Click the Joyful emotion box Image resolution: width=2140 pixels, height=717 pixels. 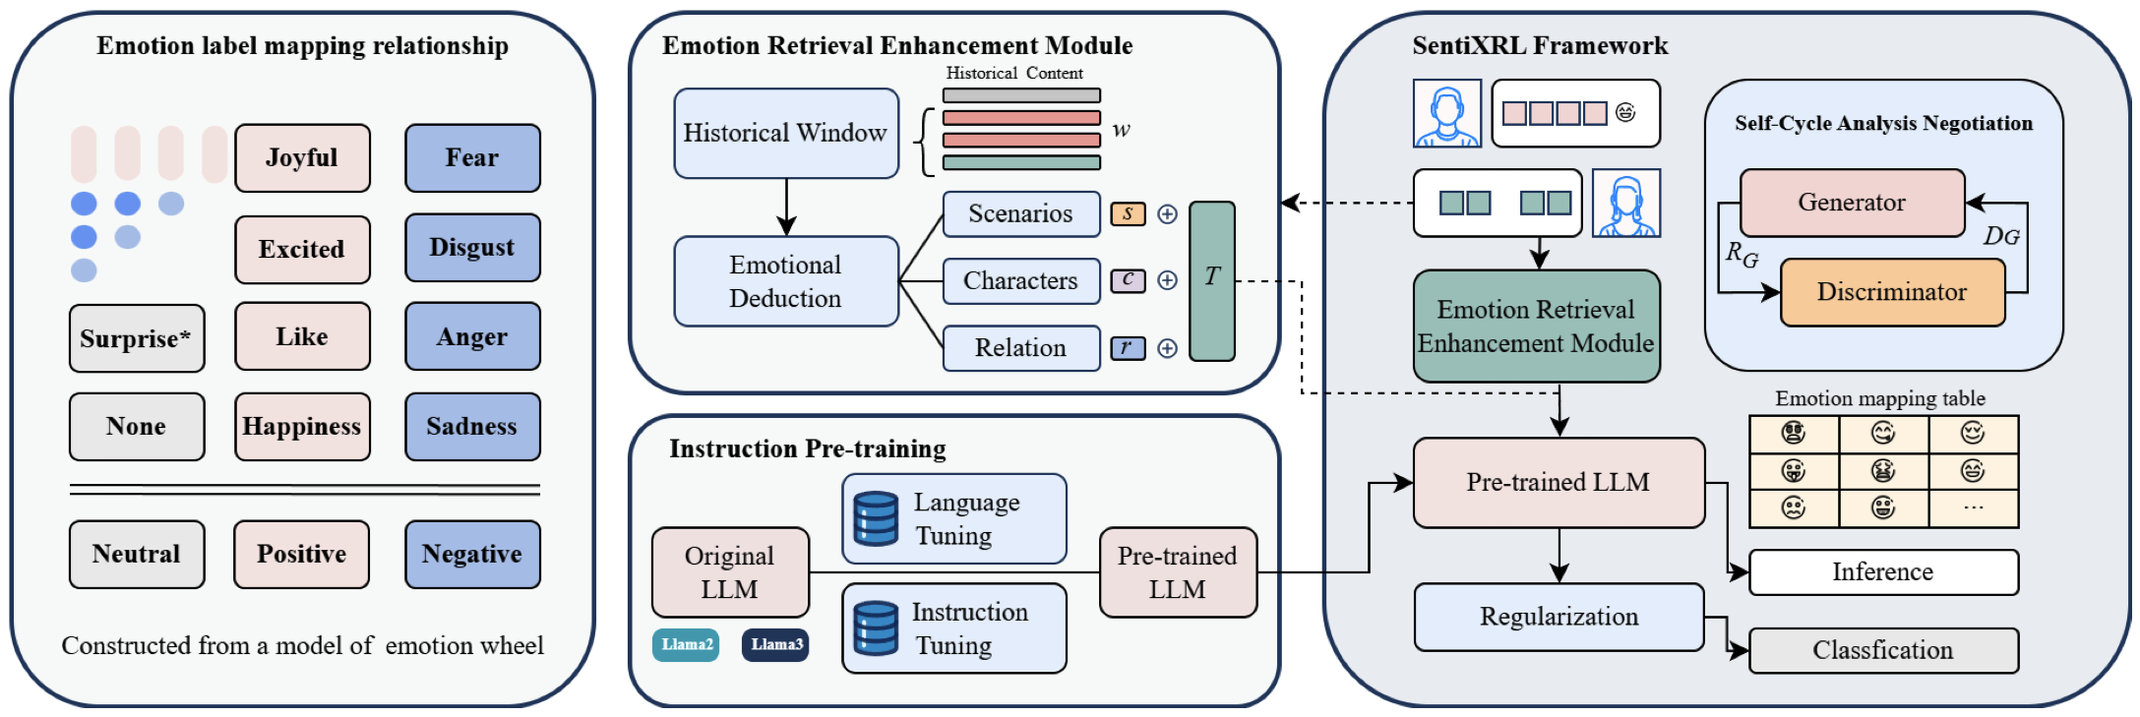point(302,158)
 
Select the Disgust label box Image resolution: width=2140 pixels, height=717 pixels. point(472,248)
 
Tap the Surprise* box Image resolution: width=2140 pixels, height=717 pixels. point(137,338)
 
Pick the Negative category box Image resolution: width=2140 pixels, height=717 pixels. point(472,555)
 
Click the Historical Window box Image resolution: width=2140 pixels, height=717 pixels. point(785,134)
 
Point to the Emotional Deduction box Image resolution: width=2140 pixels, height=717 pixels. point(785,281)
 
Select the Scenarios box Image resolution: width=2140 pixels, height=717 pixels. point(1020,214)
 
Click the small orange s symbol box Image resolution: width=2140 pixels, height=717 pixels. point(1128,214)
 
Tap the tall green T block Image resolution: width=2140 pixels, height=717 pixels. point(1211,281)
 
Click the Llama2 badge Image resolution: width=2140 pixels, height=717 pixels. point(686,645)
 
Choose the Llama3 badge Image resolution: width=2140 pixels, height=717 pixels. point(775,645)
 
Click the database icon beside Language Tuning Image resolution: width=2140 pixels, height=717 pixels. point(876,519)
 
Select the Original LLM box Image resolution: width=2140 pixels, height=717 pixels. point(730,572)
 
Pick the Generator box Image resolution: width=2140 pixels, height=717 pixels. point(1852,203)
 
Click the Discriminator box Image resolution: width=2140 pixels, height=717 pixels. point(1891,292)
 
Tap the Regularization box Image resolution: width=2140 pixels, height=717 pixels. point(1559,617)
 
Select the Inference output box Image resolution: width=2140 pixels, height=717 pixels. point(1882,572)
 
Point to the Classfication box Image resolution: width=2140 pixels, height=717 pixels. point(1882,651)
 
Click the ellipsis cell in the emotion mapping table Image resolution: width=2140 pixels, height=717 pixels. point(1973,508)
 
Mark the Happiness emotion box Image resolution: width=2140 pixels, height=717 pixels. point(302,427)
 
